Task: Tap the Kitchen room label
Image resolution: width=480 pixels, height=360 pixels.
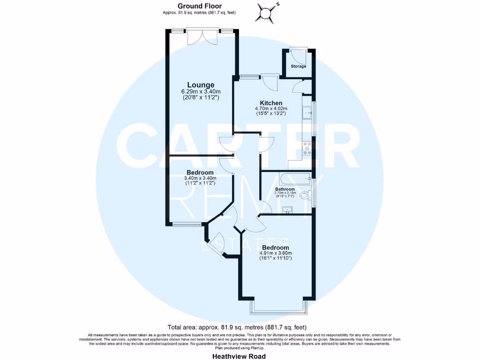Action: [271, 103]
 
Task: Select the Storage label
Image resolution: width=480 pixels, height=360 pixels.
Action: [299, 67]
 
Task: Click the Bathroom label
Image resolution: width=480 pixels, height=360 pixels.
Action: [285, 189]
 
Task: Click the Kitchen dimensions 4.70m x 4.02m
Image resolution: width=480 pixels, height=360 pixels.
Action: [271, 109]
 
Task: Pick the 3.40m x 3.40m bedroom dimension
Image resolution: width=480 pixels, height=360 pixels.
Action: [200, 178]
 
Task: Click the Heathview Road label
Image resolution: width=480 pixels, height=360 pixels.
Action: [239, 356]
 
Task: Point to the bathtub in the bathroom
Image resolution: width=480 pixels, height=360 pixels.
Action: [293, 178]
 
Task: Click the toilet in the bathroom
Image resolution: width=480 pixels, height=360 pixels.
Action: [305, 195]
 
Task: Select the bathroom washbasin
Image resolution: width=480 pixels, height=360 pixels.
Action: [288, 209]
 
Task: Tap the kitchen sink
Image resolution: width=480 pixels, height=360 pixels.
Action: [308, 112]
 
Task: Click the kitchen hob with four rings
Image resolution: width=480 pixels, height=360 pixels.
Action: [308, 148]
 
